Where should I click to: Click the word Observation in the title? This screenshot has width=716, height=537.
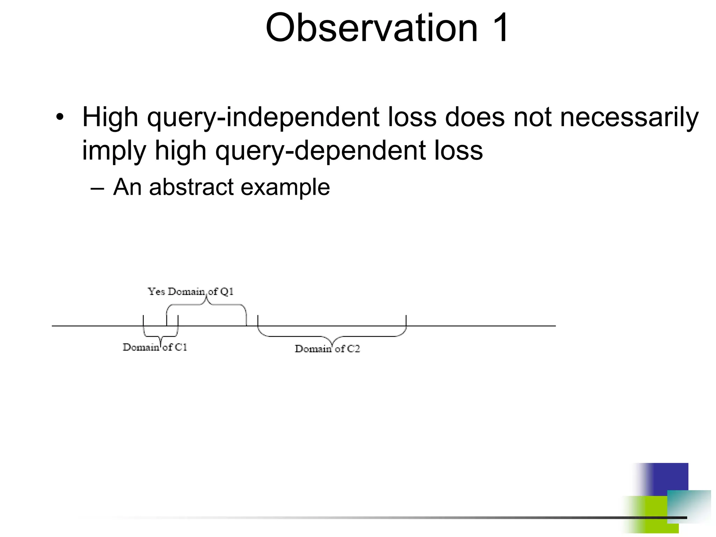click(x=371, y=28)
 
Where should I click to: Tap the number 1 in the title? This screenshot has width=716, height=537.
click(x=499, y=28)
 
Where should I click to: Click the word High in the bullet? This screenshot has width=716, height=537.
click(x=110, y=117)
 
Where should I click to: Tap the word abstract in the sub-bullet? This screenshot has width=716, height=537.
click(x=192, y=187)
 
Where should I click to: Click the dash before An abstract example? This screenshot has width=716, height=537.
click(x=97, y=188)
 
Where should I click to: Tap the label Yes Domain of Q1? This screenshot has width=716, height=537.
click(x=191, y=292)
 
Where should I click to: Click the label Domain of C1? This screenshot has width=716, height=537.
click(x=155, y=347)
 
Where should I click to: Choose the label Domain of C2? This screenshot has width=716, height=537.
click(x=327, y=349)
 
